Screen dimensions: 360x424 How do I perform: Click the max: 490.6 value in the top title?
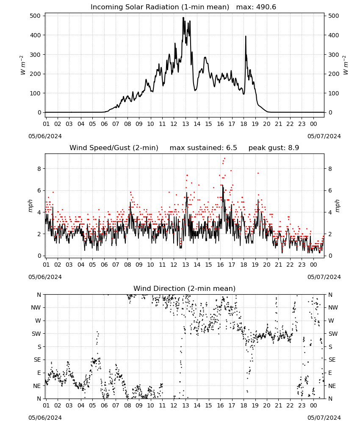tap(256, 7)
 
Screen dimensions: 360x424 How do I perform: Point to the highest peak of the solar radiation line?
tap(183, 18)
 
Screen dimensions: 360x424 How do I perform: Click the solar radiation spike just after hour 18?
tap(246, 36)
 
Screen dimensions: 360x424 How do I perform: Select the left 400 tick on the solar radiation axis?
tap(35, 35)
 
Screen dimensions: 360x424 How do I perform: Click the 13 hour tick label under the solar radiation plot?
tap(185, 124)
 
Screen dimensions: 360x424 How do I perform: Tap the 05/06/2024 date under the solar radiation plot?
tap(45, 136)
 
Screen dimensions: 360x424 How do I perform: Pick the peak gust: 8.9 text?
tap(274, 148)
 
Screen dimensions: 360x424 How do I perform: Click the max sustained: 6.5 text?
tap(203, 148)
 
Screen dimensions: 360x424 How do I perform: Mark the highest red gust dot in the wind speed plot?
tap(225, 159)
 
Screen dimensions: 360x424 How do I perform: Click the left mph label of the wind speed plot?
tap(30, 206)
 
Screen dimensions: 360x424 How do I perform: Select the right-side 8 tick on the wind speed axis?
tap(330, 169)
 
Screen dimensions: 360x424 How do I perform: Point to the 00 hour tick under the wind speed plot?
tap(313, 265)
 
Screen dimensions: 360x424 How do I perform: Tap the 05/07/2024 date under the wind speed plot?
tap(324, 277)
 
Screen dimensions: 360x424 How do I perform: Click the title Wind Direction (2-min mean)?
tap(185, 288)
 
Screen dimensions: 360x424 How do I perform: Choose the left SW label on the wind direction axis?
tap(36, 334)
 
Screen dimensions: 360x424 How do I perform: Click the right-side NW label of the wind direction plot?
tap(333, 307)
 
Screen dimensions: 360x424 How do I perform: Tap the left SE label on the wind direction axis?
tap(37, 360)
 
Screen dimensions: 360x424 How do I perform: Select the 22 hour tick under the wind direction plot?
tap(290, 405)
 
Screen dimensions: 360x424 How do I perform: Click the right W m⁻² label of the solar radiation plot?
tap(346, 65)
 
